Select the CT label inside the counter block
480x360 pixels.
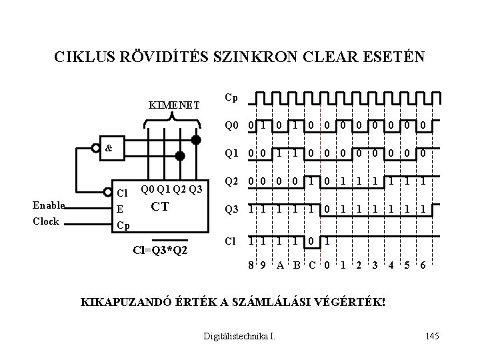pos(159,206)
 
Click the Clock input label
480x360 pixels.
pos(46,221)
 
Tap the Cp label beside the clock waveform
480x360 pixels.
pos(231,98)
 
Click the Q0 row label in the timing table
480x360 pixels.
pos(231,125)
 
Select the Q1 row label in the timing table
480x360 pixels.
pos(231,153)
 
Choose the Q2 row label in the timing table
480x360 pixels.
pos(231,181)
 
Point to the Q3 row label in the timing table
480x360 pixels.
pos(231,209)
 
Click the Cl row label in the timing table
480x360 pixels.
pos(230,238)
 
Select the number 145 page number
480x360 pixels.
pos(431,335)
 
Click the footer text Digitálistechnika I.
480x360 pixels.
pos(239,335)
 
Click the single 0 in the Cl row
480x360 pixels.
pos(311,238)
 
